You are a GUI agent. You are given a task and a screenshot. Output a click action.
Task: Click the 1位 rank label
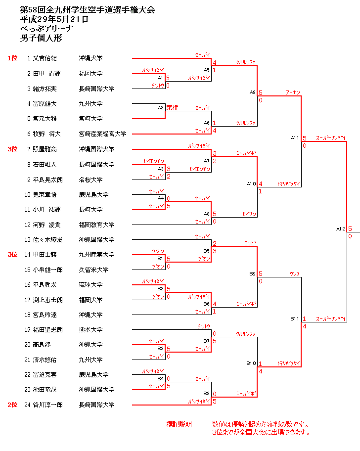pos(12,58)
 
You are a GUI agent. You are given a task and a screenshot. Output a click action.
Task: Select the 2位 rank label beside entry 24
pos(12,405)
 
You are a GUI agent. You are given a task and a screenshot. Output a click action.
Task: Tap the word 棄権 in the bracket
pos(172,107)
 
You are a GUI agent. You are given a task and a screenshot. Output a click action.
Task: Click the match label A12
pos(340,228)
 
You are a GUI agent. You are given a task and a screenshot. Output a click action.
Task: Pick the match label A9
pos(252,92)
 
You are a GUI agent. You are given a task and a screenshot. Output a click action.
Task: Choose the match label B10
pos(251,363)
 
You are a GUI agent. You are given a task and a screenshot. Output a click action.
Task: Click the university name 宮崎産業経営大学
pos(102,134)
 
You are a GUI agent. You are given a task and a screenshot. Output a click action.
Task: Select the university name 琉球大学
pos(91,284)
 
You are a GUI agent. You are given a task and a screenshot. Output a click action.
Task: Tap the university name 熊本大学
pos(91,329)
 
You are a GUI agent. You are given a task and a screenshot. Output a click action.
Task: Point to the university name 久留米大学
pos(94,270)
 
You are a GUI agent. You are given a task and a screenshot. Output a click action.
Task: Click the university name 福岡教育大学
pos(96,225)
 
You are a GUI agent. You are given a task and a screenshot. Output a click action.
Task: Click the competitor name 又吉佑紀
pos(45,58)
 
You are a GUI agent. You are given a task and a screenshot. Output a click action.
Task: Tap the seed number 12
pos(28,225)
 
